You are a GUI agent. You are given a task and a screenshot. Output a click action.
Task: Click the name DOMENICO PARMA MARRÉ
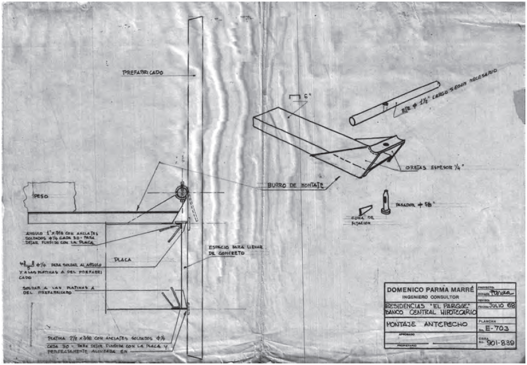coord(429,289)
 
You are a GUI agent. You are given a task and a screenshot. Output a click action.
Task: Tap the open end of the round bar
coord(353,121)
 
